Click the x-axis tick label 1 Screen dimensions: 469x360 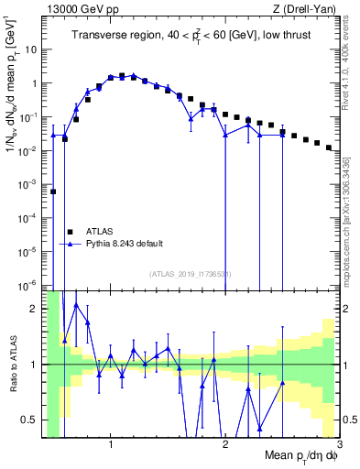(111, 446)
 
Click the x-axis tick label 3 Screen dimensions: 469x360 (338, 446)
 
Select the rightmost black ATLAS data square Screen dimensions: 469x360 (329, 147)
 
